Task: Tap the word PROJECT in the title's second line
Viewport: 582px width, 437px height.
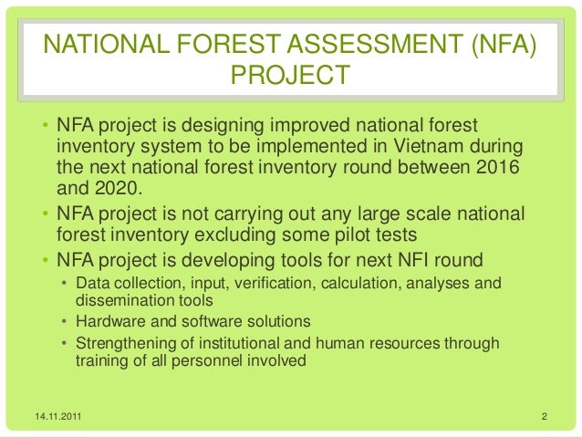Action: pyautogui.click(x=291, y=75)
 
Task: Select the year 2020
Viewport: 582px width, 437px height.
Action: pyautogui.click(x=114, y=190)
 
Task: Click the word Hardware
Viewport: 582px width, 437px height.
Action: pyautogui.click(x=109, y=321)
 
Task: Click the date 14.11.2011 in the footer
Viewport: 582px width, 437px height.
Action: pyautogui.click(x=57, y=418)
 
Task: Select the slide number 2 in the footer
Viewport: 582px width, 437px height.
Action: pyautogui.click(x=543, y=418)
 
